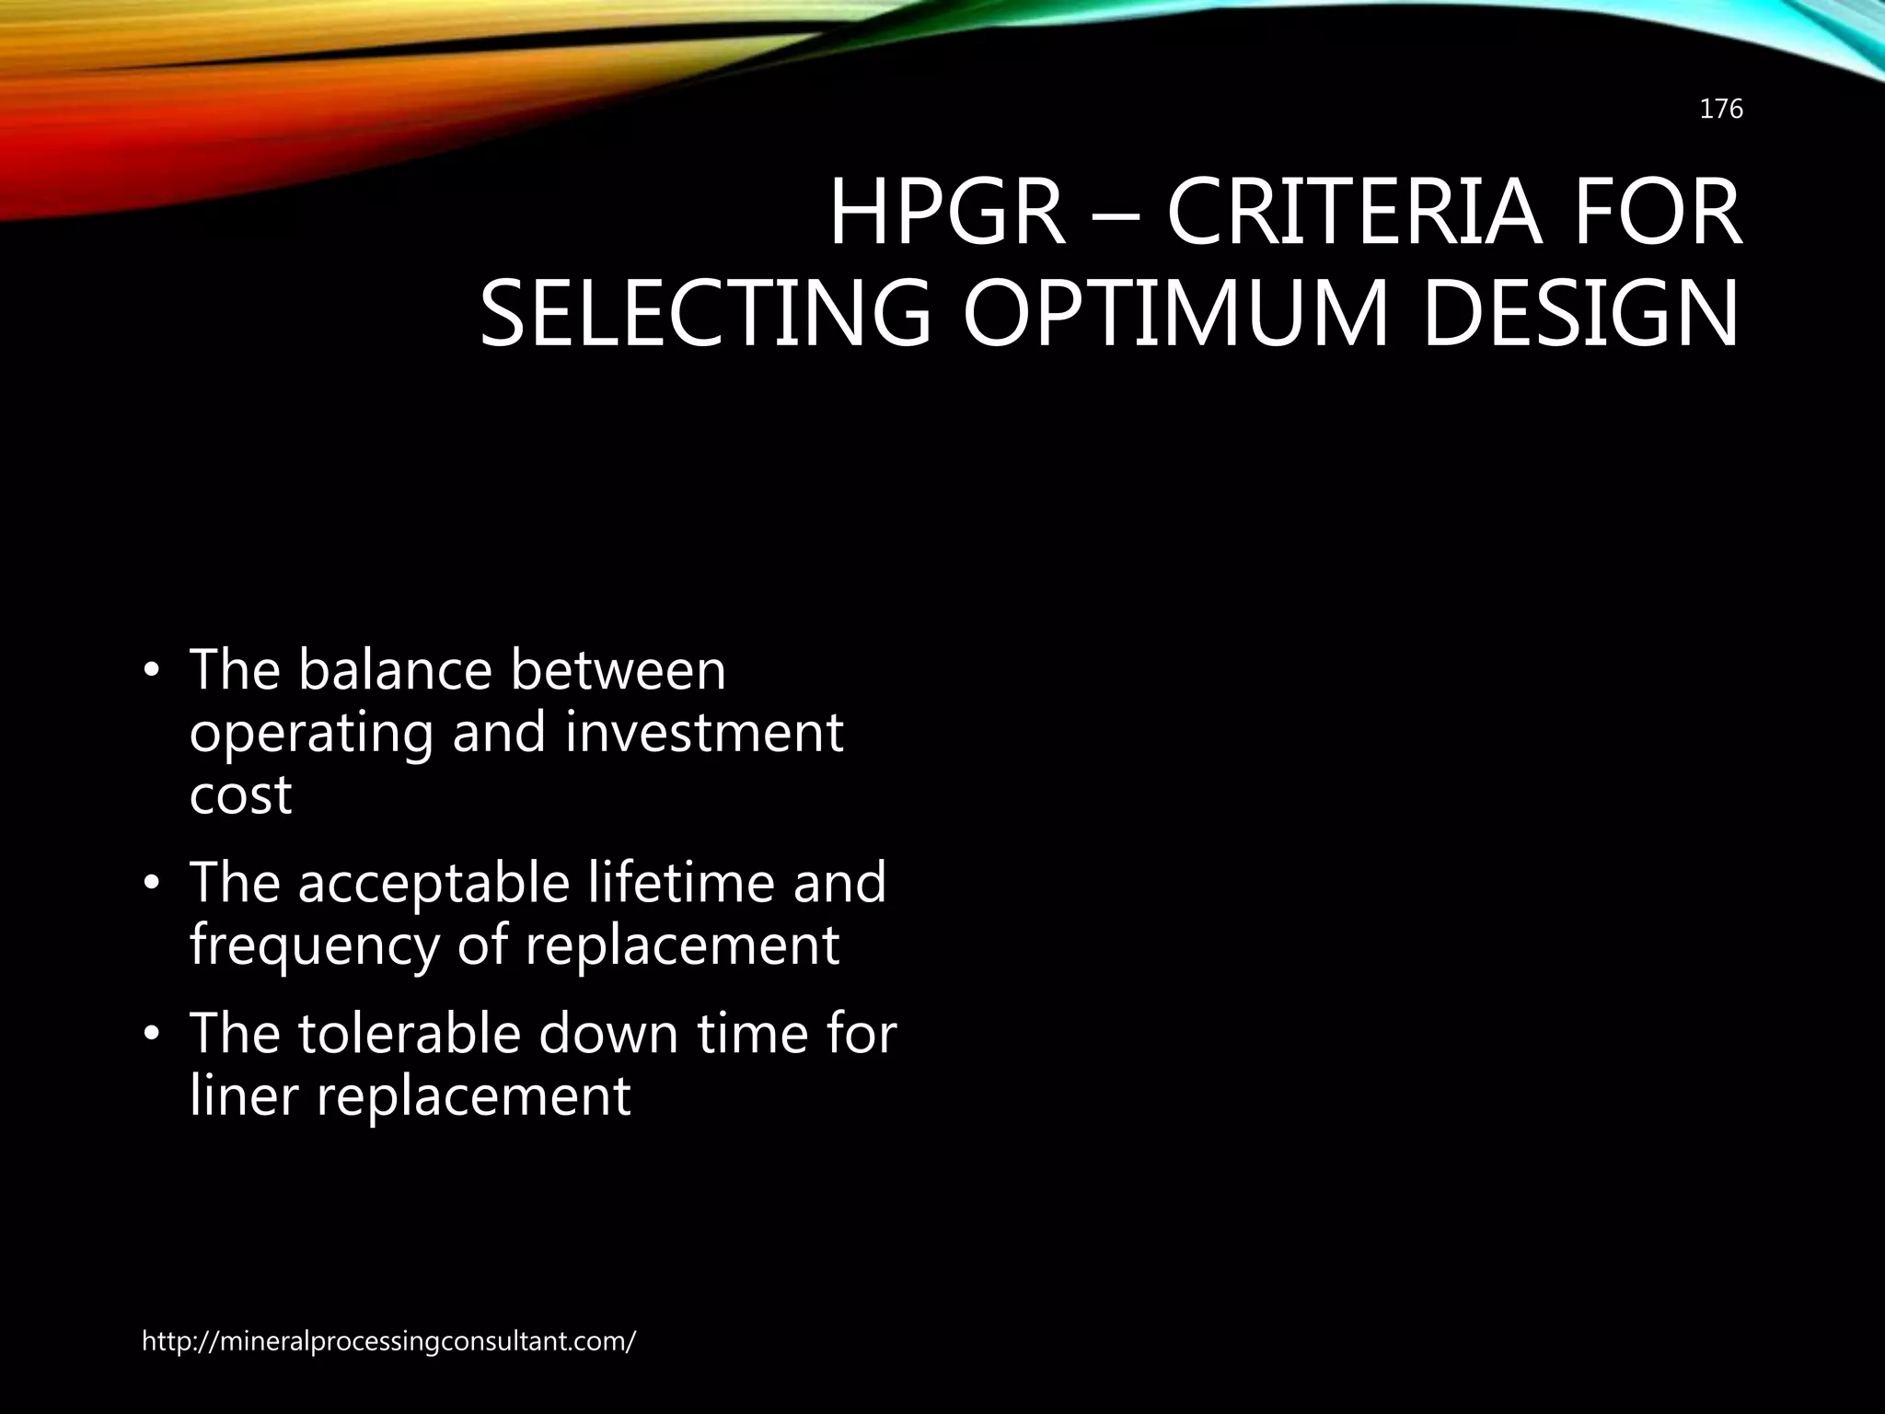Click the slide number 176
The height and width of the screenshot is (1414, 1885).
[1720, 110]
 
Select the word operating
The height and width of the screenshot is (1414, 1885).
[311, 735]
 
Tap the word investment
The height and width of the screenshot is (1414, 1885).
[703, 733]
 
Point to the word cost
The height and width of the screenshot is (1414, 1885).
[240, 795]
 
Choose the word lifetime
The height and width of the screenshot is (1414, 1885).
[681, 882]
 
